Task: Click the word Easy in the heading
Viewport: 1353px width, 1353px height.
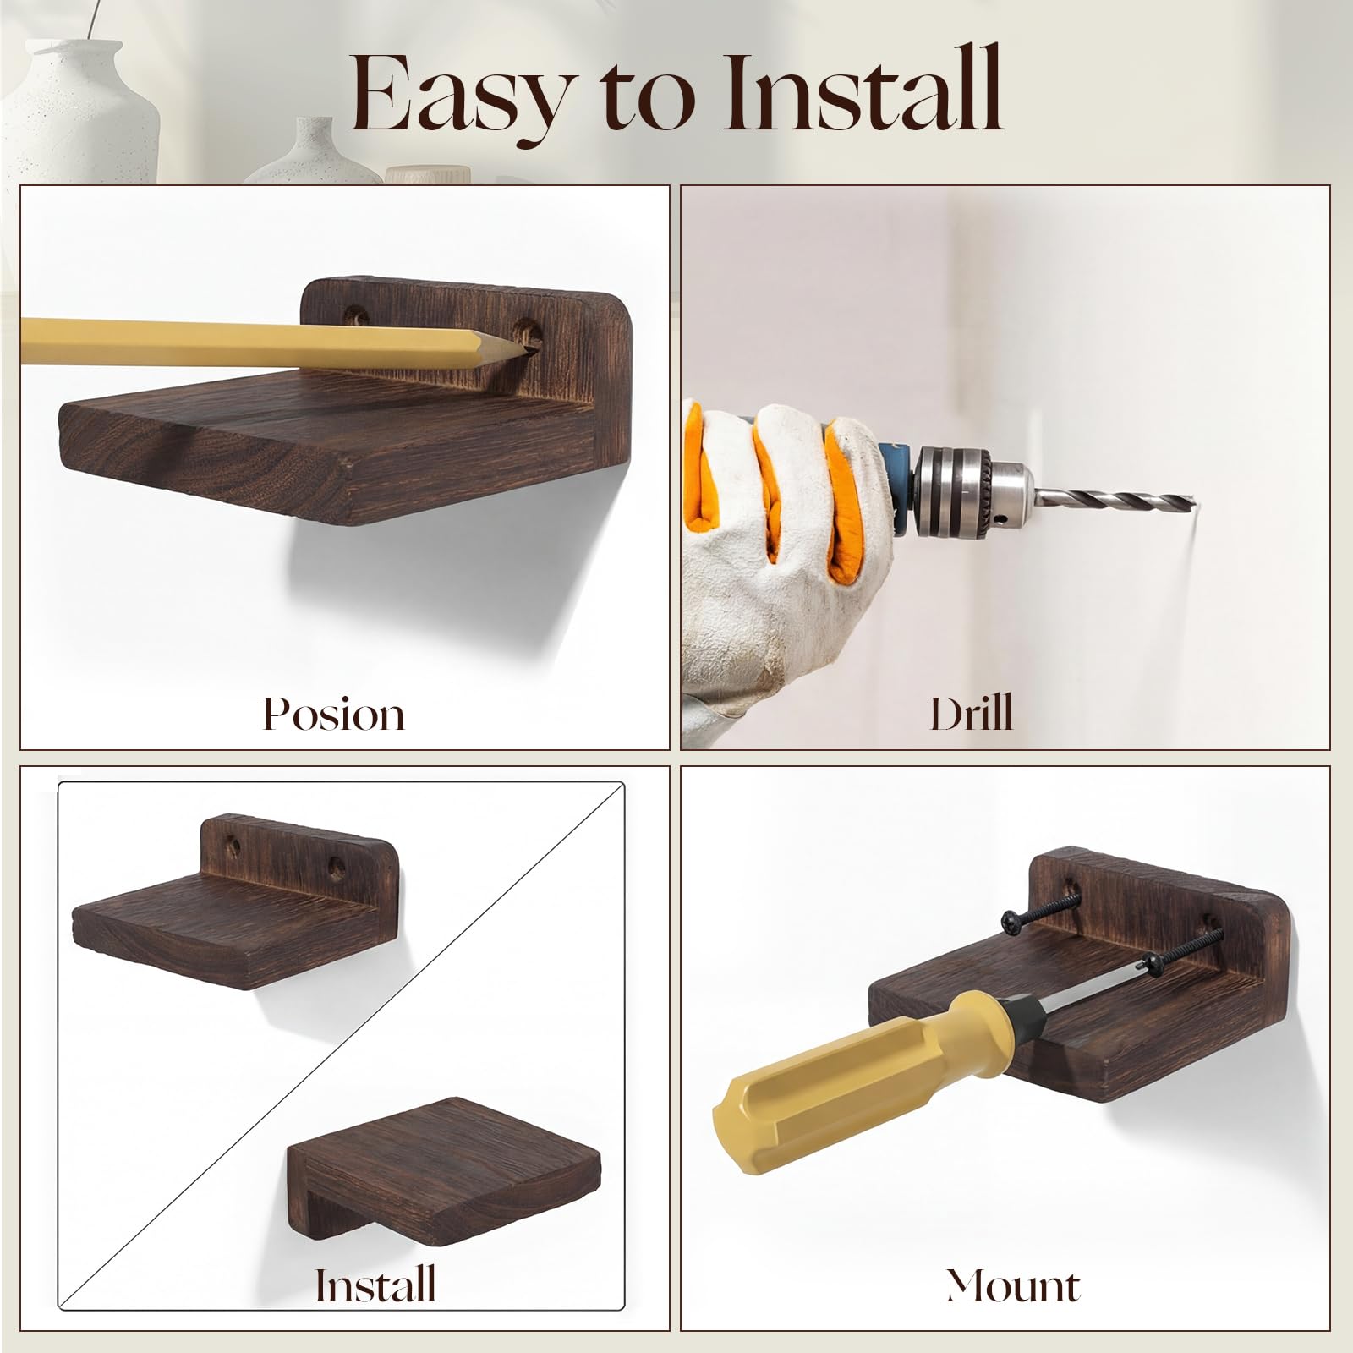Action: pyautogui.click(x=461, y=95)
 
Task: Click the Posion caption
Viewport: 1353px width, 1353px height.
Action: pyautogui.click(x=334, y=714)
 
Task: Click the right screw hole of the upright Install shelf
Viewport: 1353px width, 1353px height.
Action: pyautogui.click(x=337, y=867)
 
